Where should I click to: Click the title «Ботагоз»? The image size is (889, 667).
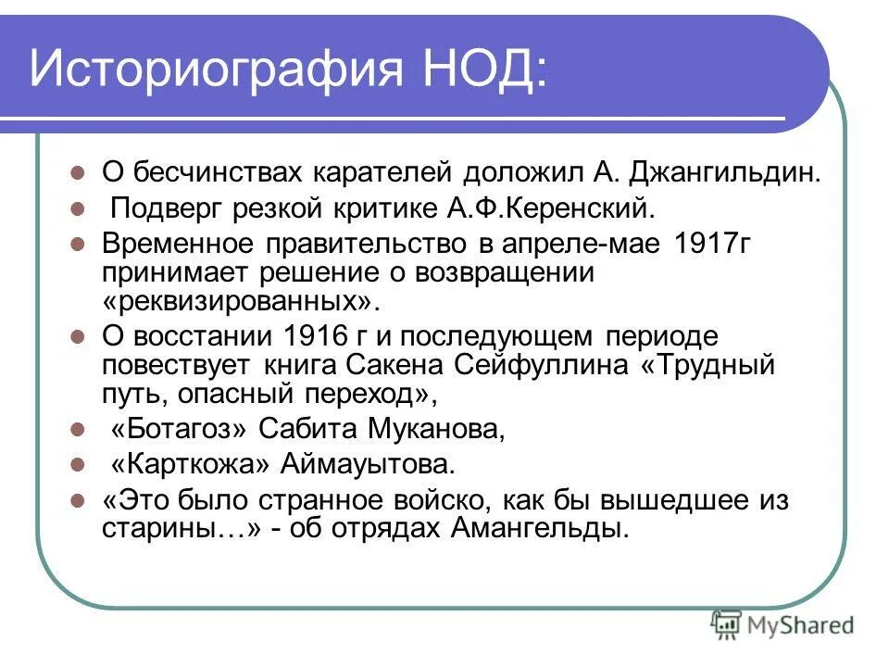[x=181, y=429]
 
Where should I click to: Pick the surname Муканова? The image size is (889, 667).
[x=434, y=429]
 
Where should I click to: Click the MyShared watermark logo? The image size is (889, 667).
[x=782, y=623]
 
